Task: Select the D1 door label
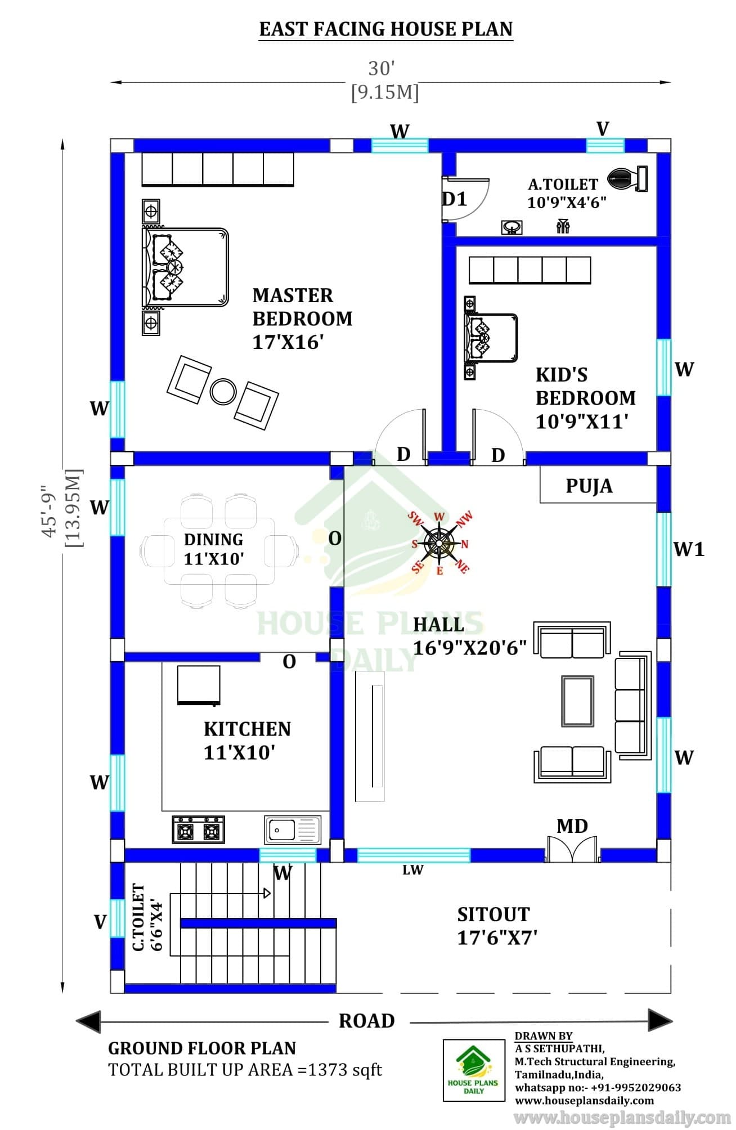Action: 455,199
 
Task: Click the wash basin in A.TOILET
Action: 511,227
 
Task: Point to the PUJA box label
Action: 589,486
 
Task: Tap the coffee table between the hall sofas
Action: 577,701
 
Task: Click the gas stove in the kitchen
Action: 198,829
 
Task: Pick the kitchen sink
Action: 293,829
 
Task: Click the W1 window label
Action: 689,549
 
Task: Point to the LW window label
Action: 412,870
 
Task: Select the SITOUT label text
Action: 493,914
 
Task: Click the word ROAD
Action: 367,1021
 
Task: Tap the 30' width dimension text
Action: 382,68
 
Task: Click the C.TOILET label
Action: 138,917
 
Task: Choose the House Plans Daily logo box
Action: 474,1070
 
